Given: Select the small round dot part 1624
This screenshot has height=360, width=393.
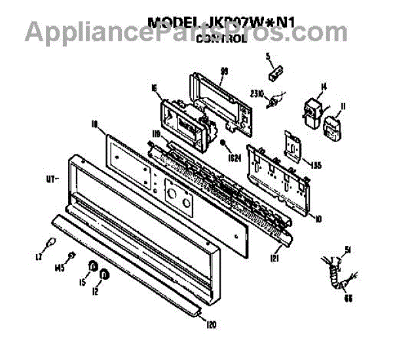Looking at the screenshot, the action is click(225, 143).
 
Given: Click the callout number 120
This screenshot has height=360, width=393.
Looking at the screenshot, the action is click(211, 324).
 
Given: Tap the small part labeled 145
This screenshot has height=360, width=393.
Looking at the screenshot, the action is click(72, 255).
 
